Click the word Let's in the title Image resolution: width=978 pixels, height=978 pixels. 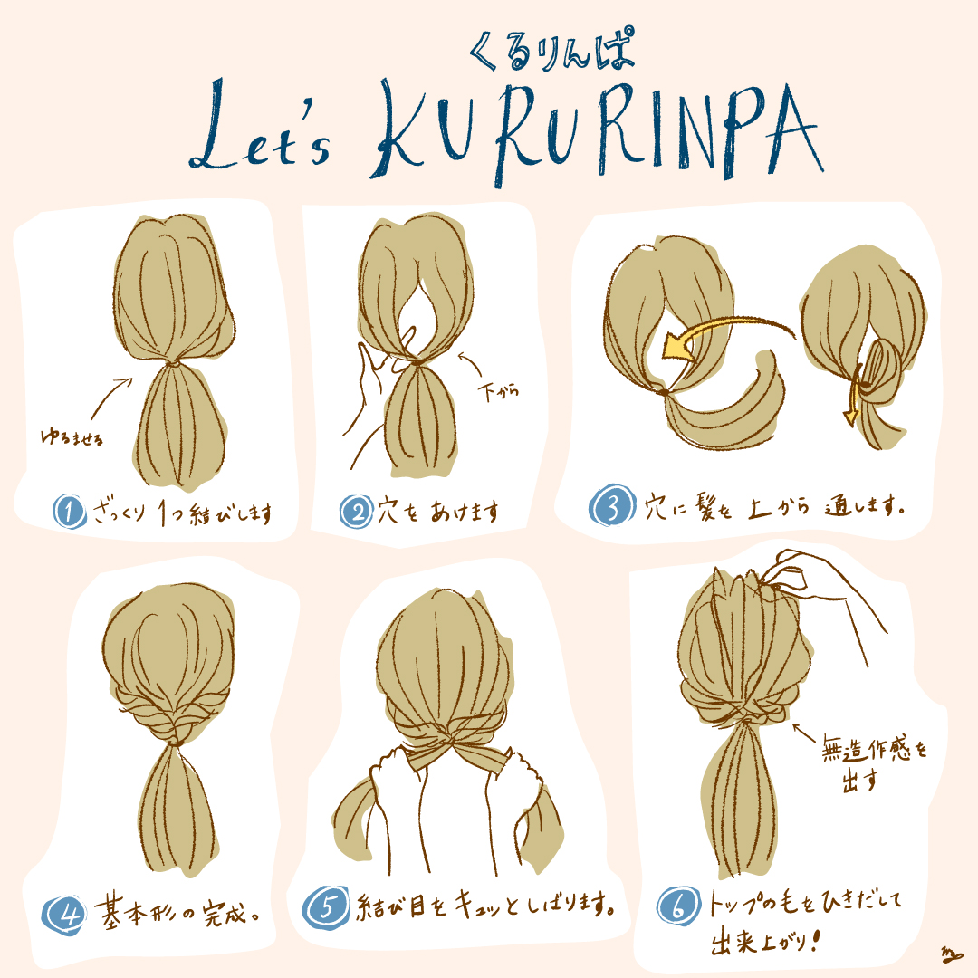point(260,127)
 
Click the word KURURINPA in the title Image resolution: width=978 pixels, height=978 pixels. point(598,132)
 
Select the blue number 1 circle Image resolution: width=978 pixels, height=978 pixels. point(69,512)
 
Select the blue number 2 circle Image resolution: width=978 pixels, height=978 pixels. point(356,512)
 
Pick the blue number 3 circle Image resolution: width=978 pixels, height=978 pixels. point(612,505)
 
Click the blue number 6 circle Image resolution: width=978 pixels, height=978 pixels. point(679,906)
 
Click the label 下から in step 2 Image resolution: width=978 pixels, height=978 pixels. point(498,392)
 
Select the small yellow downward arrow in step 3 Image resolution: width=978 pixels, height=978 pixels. point(853,399)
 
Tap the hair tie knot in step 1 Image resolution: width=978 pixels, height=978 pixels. point(173,363)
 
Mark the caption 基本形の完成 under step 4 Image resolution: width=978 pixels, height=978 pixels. point(177,913)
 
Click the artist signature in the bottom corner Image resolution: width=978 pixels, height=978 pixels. point(952,954)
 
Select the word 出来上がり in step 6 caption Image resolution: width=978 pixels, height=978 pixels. point(761,941)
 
